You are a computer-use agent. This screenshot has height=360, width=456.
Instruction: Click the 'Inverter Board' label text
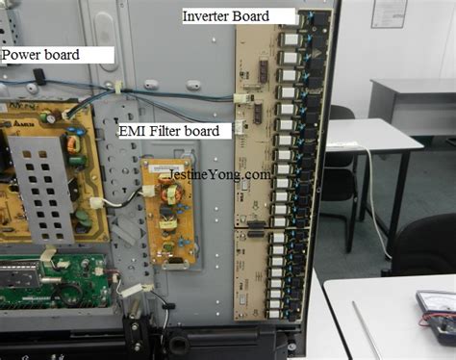coord(239,16)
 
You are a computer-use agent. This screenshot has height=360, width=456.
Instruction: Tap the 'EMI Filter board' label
coord(173,130)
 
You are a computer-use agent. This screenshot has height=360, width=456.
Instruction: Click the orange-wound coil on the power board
coord(72,145)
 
